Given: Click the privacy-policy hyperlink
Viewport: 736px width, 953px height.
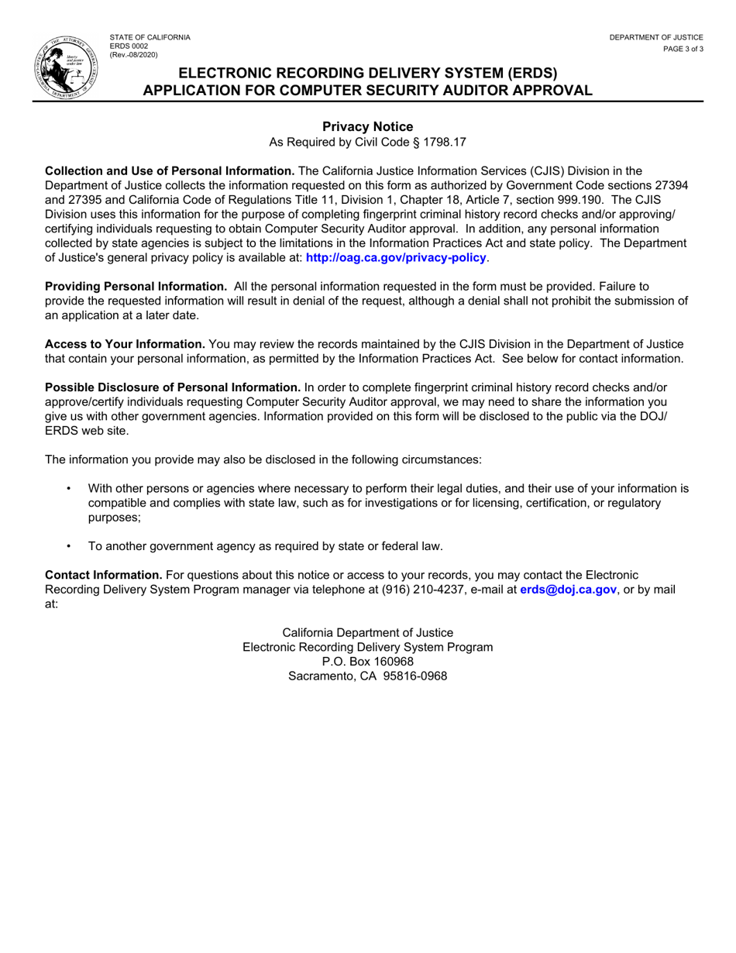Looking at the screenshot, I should [x=397, y=257].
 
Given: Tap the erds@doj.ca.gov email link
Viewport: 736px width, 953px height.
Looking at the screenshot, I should [x=568, y=590].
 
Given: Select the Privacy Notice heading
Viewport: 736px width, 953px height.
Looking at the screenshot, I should [x=367, y=127].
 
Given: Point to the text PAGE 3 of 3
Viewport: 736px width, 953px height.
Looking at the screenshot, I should [x=683, y=49].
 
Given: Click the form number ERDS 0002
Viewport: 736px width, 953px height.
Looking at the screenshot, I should [x=129, y=46].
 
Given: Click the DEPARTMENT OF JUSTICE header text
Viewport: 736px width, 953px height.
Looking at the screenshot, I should [x=655, y=37].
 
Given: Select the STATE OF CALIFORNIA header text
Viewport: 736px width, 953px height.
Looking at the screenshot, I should [x=150, y=37].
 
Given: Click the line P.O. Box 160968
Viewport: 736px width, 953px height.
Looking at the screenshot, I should [x=367, y=661].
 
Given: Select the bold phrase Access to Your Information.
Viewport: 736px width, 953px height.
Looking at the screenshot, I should [x=125, y=344].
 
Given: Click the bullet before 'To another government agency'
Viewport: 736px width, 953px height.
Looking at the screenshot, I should [x=70, y=546].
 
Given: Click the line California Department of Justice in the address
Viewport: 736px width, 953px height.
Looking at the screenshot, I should [x=367, y=632].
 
